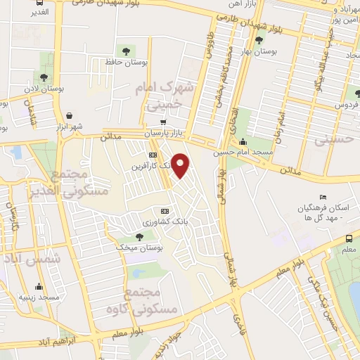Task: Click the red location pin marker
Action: click(x=181, y=165)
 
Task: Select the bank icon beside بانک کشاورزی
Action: click(x=165, y=210)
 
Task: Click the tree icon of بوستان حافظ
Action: click(x=126, y=51)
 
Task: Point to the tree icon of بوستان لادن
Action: click(x=44, y=77)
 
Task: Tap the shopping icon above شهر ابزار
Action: click(x=69, y=116)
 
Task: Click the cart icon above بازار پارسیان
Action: click(x=163, y=122)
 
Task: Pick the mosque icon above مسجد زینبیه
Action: click(x=38, y=286)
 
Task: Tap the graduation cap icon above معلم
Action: click(x=349, y=240)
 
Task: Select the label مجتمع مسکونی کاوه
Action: click(x=143, y=299)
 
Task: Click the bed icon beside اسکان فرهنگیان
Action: click(x=323, y=197)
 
